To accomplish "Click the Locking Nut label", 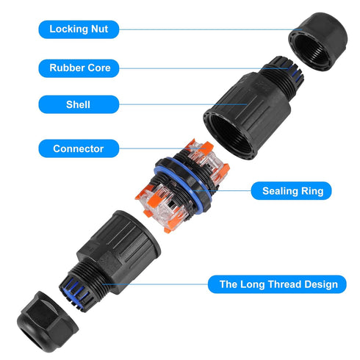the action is (x=79, y=29).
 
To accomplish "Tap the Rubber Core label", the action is (x=79, y=68).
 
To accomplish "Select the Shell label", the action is (x=79, y=104).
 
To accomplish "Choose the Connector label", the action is (x=79, y=148).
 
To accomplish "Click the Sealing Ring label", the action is (x=292, y=191).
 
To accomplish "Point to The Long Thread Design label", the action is (x=277, y=284).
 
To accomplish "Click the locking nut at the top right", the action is (x=318, y=42).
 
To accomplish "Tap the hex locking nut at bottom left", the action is (x=48, y=322).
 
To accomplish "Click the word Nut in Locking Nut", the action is (x=99, y=29).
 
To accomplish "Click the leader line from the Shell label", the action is (x=183, y=104).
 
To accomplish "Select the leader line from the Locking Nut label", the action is (x=211, y=29).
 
